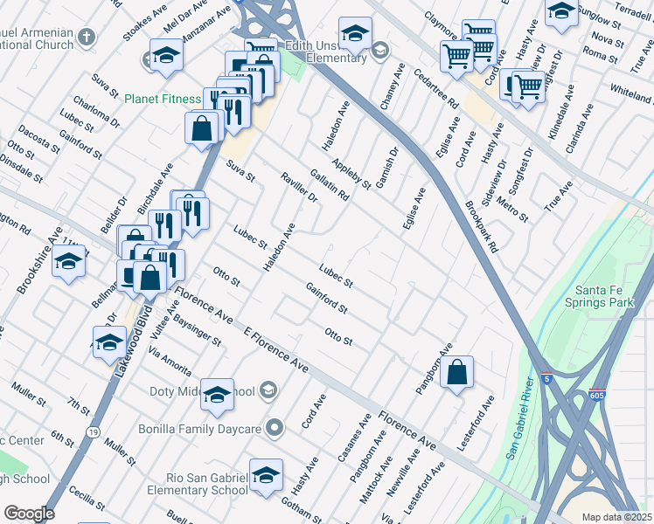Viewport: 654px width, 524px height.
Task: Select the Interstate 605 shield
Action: (x=597, y=396)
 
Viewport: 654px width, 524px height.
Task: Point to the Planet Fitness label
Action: (x=162, y=100)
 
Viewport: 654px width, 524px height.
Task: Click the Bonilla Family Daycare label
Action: (x=200, y=429)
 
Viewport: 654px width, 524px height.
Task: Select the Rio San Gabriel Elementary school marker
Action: (x=266, y=477)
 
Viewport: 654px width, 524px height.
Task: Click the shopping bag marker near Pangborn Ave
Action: (x=456, y=374)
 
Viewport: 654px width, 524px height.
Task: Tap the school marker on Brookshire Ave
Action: (x=68, y=262)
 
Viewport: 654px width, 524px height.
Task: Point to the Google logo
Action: (x=29, y=514)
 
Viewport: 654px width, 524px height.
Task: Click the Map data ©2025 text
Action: (x=616, y=517)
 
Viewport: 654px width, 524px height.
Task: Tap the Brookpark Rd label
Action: (x=482, y=227)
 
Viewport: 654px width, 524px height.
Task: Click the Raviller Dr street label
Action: (x=299, y=187)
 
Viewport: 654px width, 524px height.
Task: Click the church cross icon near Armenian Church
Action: (x=85, y=37)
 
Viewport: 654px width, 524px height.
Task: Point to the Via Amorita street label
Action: (x=170, y=361)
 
